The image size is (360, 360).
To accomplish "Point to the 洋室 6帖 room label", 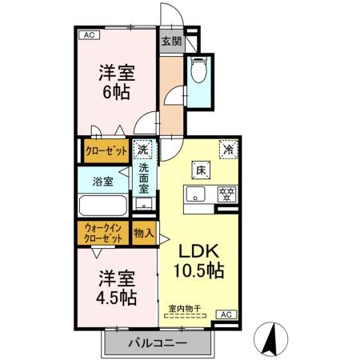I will [117, 82].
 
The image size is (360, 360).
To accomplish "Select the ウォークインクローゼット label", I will [104, 233].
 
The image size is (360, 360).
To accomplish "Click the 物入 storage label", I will [144, 233].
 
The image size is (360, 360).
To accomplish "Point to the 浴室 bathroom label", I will [102, 181].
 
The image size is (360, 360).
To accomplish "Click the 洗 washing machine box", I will [142, 150].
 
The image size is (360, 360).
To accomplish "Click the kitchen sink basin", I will [197, 194].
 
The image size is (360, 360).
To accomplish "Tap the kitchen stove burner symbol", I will [226, 194].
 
